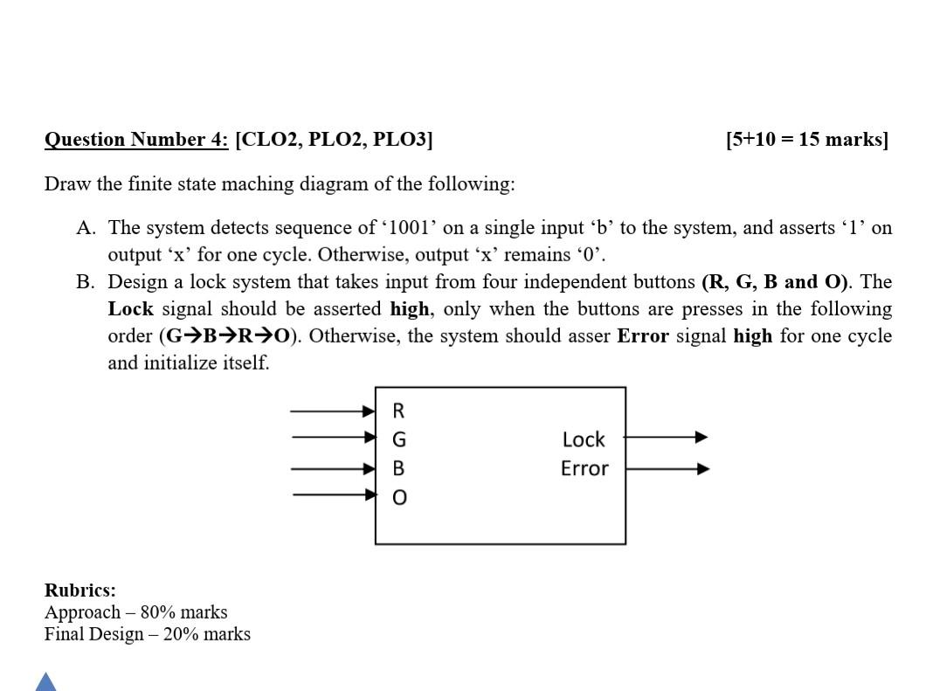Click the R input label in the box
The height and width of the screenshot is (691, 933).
click(398, 411)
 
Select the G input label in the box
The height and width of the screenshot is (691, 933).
click(398, 439)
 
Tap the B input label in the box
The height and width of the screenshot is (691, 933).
click(398, 468)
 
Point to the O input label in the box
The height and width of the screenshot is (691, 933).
click(398, 498)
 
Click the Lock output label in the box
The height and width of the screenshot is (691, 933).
click(584, 439)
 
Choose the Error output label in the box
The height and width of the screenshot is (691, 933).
click(584, 468)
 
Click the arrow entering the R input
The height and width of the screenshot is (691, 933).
click(332, 411)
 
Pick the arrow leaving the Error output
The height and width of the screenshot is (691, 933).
click(667, 469)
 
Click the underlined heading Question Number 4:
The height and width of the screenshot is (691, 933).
click(136, 140)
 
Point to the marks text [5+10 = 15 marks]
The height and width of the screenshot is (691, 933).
click(806, 140)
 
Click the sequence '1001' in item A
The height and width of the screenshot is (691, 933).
click(409, 228)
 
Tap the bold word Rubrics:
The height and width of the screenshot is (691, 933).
click(80, 590)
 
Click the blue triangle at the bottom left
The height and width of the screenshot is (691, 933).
click(45, 682)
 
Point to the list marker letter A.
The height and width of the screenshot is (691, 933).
click(86, 228)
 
